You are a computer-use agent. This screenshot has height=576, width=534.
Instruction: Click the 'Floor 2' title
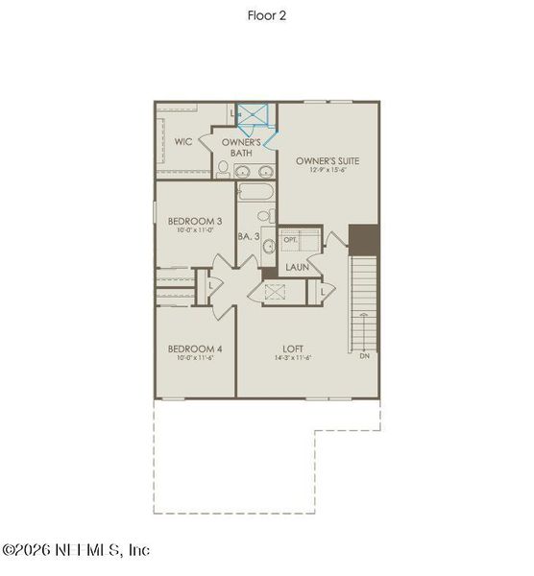pyautogui.click(x=266, y=15)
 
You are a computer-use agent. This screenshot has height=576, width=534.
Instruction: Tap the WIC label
pyautogui.click(x=183, y=142)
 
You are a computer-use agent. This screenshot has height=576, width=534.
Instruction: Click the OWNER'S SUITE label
pyautogui.click(x=328, y=160)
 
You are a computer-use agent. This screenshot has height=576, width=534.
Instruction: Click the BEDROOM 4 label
pyautogui.click(x=195, y=348)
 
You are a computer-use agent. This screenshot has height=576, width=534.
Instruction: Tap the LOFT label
pyautogui.click(x=293, y=348)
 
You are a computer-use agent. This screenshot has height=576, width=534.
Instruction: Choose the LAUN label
pyautogui.click(x=297, y=266)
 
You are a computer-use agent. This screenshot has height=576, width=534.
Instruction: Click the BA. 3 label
pyautogui.click(x=248, y=235)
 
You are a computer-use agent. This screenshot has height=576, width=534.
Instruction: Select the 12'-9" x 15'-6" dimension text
pyautogui.click(x=328, y=171)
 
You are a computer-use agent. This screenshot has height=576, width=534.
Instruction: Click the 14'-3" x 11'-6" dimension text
pyautogui.click(x=293, y=359)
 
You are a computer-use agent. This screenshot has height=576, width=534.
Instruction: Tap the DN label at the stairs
pyautogui.click(x=364, y=355)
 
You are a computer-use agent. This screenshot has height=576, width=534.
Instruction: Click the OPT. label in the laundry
pyautogui.click(x=289, y=239)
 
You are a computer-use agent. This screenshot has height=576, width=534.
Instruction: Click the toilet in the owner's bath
pyautogui.click(x=223, y=169)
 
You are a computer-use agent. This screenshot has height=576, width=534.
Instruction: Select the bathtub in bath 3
pyautogui.click(x=255, y=193)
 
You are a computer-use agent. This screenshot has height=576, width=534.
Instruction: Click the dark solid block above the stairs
pyautogui.click(x=364, y=239)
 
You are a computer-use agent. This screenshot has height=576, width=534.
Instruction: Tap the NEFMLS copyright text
pyautogui.click(x=76, y=550)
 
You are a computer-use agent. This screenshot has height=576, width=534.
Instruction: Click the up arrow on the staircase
pyautogui.click(x=364, y=315)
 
